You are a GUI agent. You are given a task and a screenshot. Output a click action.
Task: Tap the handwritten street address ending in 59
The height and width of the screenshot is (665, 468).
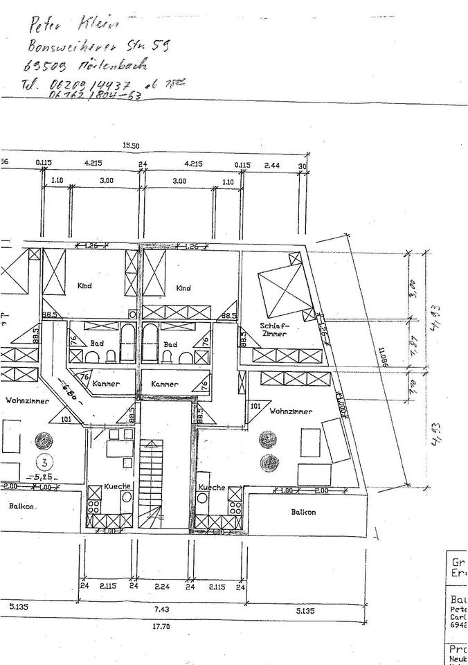[x=97, y=47]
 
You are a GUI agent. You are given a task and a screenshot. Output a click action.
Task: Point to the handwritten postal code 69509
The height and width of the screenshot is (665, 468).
[x=44, y=68]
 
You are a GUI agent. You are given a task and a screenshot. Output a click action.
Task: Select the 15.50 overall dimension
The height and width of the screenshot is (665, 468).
[x=132, y=146]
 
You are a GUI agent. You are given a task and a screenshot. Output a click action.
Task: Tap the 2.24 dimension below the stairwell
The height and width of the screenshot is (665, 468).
[x=163, y=587]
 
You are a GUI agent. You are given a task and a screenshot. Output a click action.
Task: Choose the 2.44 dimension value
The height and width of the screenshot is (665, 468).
[x=272, y=165]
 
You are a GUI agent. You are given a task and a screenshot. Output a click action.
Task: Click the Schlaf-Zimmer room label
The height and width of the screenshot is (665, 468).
[x=274, y=330]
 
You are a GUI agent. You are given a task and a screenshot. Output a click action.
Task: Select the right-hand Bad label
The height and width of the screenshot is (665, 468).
[x=171, y=344]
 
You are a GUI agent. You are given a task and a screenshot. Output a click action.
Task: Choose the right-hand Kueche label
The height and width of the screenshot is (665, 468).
[x=212, y=488]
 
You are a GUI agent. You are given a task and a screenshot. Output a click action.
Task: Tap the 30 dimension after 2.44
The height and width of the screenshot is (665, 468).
[x=302, y=165]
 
